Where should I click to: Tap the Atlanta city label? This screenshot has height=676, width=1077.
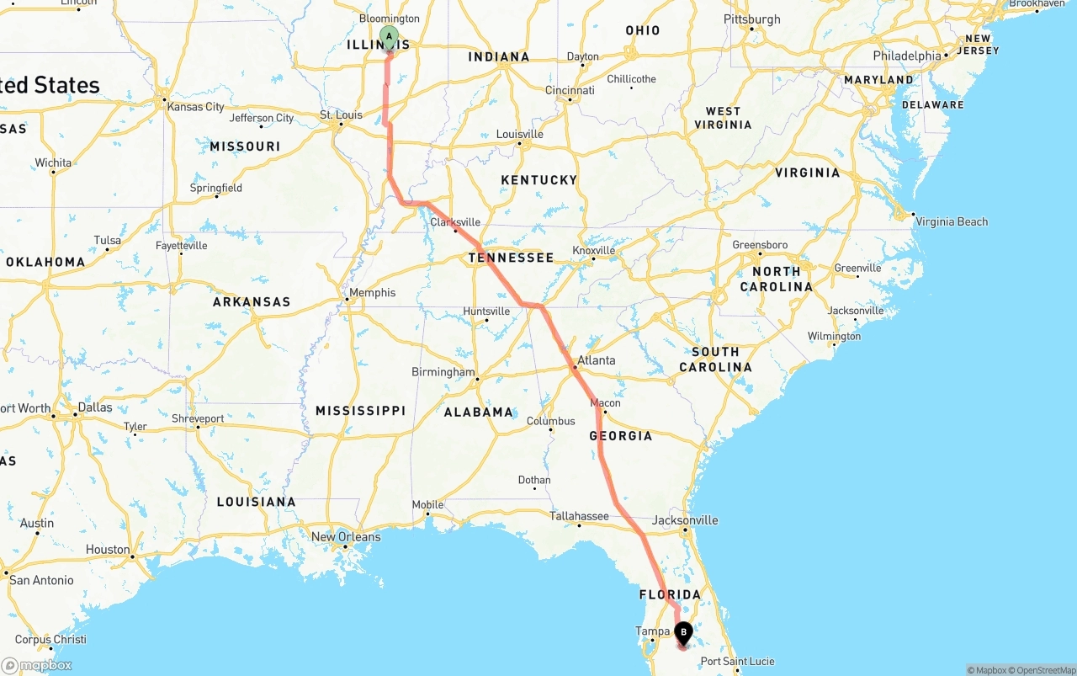pyautogui.click(x=596, y=360)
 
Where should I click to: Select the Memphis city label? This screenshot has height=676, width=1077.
pyautogui.click(x=372, y=293)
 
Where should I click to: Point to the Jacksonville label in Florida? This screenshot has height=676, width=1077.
pyautogui.click(x=685, y=520)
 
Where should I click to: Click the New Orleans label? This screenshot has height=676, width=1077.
pyautogui.click(x=346, y=537)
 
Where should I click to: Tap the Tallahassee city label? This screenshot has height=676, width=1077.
pyautogui.click(x=579, y=516)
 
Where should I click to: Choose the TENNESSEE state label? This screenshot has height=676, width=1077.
pyautogui.click(x=511, y=258)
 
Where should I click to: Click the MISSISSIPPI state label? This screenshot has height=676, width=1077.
pyautogui.click(x=360, y=411)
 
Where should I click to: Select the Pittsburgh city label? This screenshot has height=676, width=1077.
pyautogui.click(x=752, y=19)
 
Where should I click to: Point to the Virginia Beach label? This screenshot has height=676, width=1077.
pyautogui.click(x=952, y=222)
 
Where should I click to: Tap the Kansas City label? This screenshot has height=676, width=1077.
pyautogui.click(x=196, y=107)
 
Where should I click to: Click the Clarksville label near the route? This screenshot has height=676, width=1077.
pyautogui.click(x=455, y=222)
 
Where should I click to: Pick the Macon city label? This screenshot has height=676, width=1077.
pyautogui.click(x=605, y=403)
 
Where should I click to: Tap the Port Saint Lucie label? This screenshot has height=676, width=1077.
pyautogui.click(x=737, y=662)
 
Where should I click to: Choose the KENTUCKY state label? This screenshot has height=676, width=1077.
pyautogui.click(x=538, y=180)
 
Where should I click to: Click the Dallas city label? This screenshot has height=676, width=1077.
pyautogui.click(x=94, y=407)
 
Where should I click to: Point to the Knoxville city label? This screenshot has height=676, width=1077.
pyautogui.click(x=594, y=251)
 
